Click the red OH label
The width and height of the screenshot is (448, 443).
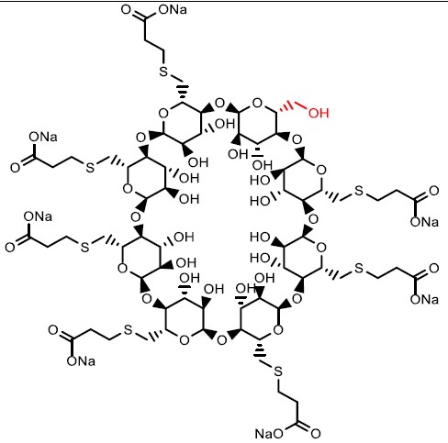point(319,113)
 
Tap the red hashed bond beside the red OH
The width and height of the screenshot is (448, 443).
point(290,107)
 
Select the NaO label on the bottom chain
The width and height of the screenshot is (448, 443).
point(269,433)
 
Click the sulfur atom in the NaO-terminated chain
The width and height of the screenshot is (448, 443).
point(278,371)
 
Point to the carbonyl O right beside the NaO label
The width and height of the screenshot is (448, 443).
point(316,433)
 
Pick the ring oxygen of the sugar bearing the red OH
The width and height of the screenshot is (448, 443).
point(257,104)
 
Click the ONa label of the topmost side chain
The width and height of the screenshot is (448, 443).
point(173,10)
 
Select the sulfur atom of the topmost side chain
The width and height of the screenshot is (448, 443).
point(163,72)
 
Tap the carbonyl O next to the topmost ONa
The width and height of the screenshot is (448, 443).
point(126,9)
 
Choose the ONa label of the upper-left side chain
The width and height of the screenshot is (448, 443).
point(43,137)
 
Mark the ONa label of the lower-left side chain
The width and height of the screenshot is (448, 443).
point(81,360)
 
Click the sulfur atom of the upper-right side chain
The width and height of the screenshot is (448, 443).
point(359,191)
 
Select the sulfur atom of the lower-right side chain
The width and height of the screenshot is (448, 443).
point(359,269)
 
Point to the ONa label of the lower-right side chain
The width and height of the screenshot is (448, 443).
point(424,299)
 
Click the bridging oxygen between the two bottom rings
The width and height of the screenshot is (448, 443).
point(221,340)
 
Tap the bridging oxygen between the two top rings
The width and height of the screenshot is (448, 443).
point(219,104)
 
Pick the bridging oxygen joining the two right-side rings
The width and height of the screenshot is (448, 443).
point(313,219)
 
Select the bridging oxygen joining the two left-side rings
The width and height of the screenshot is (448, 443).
point(135,217)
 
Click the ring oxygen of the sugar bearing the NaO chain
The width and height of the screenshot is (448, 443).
point(277,330)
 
